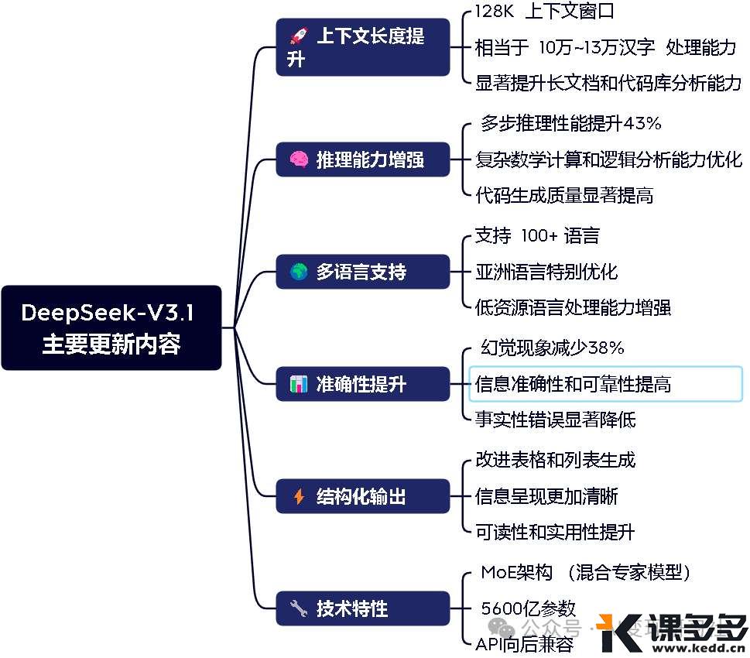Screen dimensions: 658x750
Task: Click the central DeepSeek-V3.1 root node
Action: click(x=111, y=327)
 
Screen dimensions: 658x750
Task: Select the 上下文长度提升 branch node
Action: click(x=362, y=47)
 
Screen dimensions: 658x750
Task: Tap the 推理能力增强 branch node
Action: click(x=362, y=160)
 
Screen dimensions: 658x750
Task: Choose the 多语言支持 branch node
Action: click(x=362, y=272)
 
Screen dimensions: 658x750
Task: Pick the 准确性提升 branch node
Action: click(x=362, y=384)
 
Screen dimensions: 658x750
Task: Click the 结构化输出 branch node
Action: click(x=362, y=496)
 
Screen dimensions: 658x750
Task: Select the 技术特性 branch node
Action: click(x=362, y=608)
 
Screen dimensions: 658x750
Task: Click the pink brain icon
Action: click(x=299, y=160)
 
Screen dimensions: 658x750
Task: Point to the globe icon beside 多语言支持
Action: click(x=299, y=272)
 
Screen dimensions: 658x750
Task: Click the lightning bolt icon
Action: click(x=299, y=496)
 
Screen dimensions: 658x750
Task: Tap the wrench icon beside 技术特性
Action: click(x=299, y=608)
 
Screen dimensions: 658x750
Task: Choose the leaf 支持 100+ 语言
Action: click(x=537, y=235)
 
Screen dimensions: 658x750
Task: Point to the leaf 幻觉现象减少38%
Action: click(x=553, y=348)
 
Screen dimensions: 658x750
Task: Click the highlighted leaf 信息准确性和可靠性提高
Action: click(x=574, y=384)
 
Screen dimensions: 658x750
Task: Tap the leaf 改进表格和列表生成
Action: click(x=555, y=460)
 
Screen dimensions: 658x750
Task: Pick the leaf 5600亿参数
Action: click(x=529, y=608)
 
